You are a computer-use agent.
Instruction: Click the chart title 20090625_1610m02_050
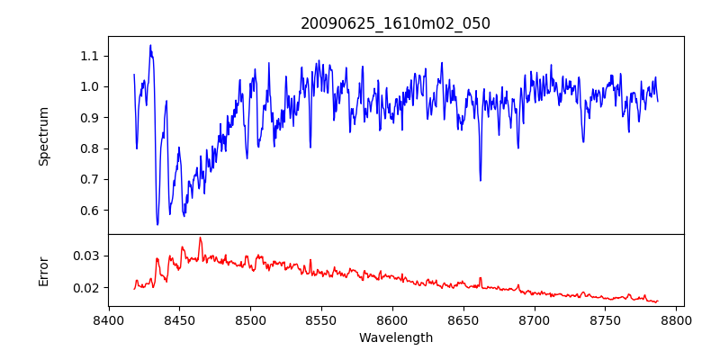(395, 23)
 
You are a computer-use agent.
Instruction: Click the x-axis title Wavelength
(395, 337)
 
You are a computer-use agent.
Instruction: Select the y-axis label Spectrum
(43, 136)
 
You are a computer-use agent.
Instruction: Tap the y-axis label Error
(43, 271)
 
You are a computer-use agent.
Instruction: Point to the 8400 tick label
(109, 319)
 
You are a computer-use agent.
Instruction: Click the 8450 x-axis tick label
(179, 319)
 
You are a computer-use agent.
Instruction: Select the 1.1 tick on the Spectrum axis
(88, 56)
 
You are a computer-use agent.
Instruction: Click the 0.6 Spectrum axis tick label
(88, 211)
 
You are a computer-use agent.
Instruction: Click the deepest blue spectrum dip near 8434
(157, 224)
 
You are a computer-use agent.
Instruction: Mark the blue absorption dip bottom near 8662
(480, 180)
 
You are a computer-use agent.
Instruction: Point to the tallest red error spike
(200, 238)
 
